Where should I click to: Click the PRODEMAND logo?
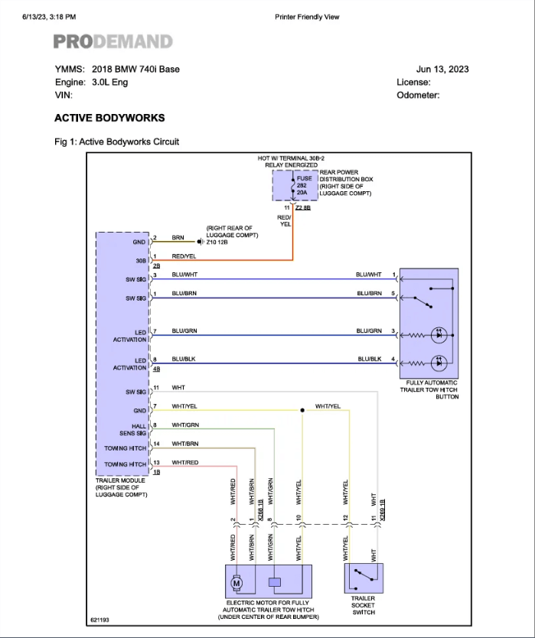(113, 42)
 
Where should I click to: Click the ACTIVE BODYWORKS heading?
(109, 118)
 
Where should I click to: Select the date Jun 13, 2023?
(442, 69)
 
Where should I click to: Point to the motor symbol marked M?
(236, 582)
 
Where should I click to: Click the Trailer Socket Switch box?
(364, 578)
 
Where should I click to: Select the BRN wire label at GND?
(178, 238)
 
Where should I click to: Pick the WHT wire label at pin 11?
(178, 388)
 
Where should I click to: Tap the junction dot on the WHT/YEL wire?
(302, 410)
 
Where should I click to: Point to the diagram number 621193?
(99, 620)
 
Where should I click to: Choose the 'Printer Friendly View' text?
(307, 17)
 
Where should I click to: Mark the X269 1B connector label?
(383, 505)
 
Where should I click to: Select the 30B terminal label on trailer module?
(140, 260)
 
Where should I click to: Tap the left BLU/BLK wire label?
(184, 359)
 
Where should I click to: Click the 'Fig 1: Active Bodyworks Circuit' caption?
(116, 142)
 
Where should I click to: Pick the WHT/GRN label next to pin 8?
(185, 425)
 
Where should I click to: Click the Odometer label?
(418, 96)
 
